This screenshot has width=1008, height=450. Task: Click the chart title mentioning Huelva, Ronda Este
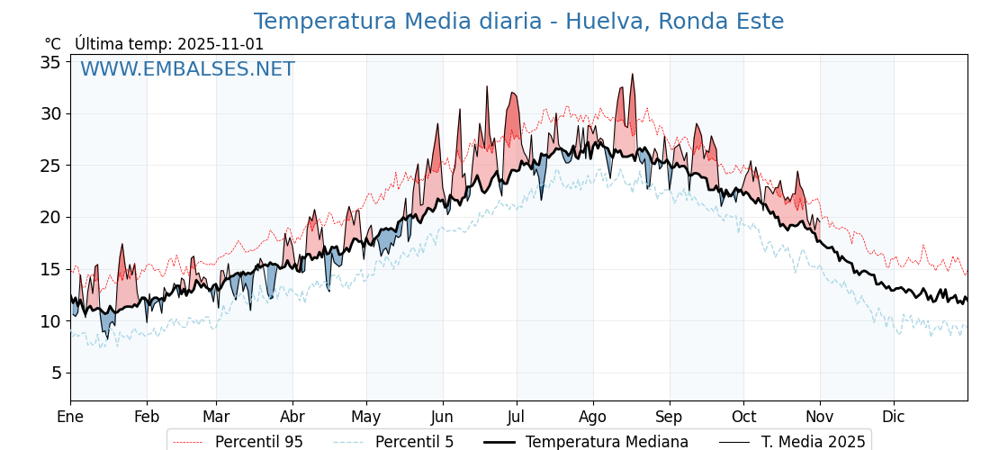(518, 22)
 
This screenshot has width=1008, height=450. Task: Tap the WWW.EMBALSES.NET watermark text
(187, 69)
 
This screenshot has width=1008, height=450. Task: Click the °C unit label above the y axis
(53, 44)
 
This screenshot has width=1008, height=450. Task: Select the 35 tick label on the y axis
(49, 62)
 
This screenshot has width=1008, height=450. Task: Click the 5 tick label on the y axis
(55, 373)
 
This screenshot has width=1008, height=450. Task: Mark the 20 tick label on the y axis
(49, 217)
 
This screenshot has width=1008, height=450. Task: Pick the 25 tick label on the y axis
(49, 166)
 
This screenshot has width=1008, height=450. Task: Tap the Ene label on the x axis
(70, 417)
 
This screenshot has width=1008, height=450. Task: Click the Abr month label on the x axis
(292, 417)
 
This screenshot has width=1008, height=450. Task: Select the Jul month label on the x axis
(517, 417)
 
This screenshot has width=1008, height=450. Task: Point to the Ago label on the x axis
(592, 417)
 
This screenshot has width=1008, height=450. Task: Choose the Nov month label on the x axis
(820, 417)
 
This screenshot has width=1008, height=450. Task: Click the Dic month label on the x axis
(894, 417)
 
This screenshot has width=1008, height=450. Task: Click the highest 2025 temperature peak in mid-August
(633, 75)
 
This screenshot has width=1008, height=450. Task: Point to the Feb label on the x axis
(146, 417)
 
